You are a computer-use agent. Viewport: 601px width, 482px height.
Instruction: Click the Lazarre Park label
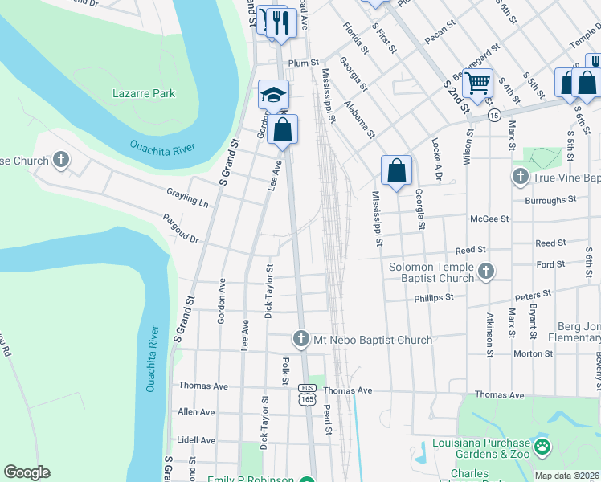(145, 93)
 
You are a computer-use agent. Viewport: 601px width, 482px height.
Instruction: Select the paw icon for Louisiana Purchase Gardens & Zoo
(543, 445)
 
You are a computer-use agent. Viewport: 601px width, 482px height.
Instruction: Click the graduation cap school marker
(273, 95)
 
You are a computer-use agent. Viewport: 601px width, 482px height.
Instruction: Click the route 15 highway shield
(493, 116)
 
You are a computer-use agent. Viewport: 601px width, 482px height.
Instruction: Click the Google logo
(27, 472)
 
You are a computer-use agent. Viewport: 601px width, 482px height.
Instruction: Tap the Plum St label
(304, 62)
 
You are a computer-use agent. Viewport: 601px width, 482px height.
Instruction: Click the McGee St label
(493, 219)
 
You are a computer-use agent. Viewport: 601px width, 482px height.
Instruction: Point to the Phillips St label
(434, 297)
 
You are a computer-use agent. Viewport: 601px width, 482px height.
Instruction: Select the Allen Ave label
(196, 412)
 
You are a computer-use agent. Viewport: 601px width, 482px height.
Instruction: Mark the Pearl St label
(328, 420)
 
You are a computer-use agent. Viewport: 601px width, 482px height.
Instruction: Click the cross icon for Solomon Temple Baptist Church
(485, 272)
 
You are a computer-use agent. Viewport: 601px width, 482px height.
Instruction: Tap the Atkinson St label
(489, 332)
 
